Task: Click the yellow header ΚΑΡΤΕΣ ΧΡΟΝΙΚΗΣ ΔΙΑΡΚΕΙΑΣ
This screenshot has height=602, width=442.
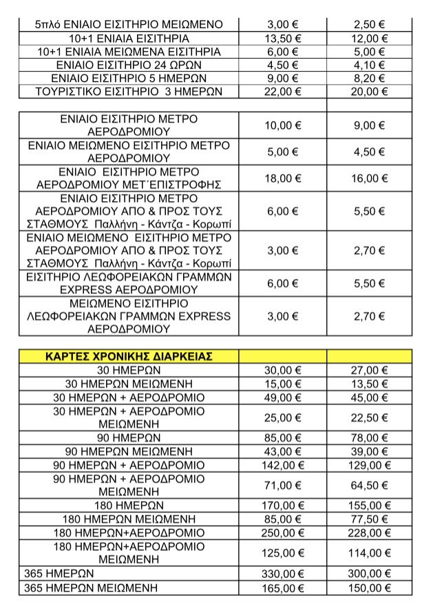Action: click(x=129, y=356)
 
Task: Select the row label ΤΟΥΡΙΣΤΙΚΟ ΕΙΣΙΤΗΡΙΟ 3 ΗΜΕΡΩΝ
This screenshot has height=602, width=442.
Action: click(x=129, y=92)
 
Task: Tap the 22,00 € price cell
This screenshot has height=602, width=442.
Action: click(x=283, y=92)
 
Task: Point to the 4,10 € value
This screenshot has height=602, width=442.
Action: click(x=369, y=65)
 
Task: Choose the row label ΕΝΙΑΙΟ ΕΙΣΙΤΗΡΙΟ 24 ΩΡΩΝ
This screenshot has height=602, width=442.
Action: click(x=129, y=65)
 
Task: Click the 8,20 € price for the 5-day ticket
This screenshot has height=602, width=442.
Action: click(x=369, y=79)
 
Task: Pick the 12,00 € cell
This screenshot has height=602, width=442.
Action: click(x=369, y=38)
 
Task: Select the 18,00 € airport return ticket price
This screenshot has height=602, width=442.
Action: click(x=283, y=178)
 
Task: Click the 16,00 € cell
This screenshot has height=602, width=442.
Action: click(x=369, y=178)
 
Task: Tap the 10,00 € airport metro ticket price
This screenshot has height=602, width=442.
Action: click(x=283, y=125)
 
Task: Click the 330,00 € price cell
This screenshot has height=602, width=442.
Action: click(x=283, y=574)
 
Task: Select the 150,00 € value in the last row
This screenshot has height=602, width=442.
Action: click(x=369, y=588)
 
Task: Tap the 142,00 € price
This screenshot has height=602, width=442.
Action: click(x=283, y=466)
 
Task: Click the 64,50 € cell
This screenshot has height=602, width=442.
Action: click(x=369, y=486)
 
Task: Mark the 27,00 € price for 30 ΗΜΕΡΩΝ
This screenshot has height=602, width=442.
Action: click(x=369, y=370)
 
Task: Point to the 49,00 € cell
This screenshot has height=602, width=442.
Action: click(x=283, y=397)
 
